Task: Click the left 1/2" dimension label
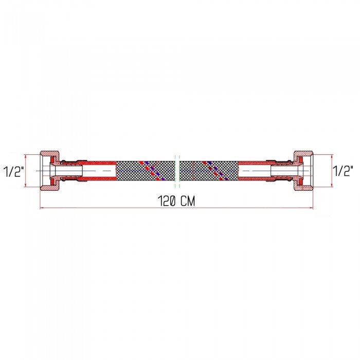pos(14,171)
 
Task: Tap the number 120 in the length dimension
pos(167,201)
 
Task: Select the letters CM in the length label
pos(188,201)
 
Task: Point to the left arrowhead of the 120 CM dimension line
pos(42,208)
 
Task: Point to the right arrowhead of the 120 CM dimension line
pos(311,208)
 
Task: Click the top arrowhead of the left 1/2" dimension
pos(26,156)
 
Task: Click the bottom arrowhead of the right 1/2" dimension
pos(332,185)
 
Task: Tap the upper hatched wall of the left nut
pos(49,153)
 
